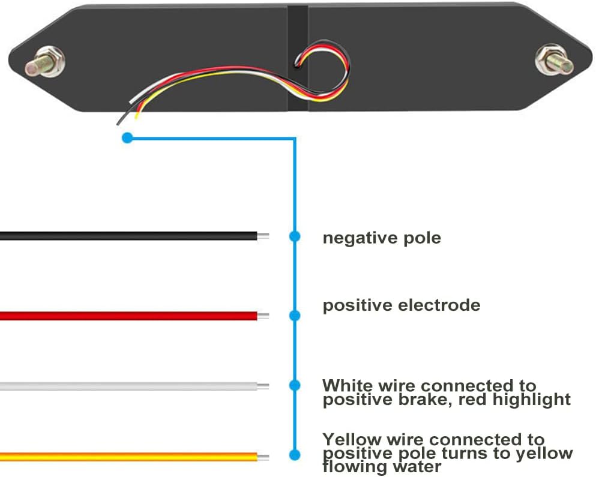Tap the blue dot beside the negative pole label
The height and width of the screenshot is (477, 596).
click(294, 236)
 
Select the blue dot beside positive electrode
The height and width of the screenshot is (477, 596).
click(294, 316)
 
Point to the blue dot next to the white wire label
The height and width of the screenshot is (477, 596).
click(294, 385)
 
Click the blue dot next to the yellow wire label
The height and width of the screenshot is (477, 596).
click(294, 455)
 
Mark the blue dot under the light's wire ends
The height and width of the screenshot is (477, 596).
click(127, 138)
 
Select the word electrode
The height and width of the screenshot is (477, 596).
click(442, 305)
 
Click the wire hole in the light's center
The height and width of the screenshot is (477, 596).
click(298, 59)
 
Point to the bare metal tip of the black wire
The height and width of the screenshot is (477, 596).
click(263, 236)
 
